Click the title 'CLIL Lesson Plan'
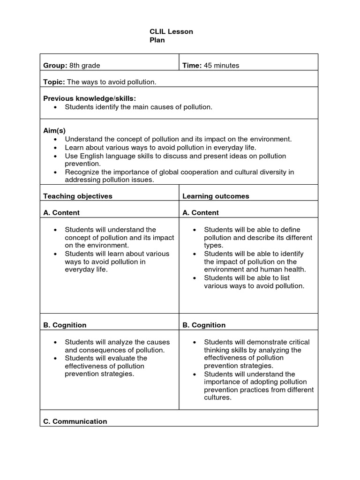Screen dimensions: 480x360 point(171,36)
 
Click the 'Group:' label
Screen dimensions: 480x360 point(55,65)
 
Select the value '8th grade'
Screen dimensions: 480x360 point(85,65)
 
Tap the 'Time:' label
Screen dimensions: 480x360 point(192,65)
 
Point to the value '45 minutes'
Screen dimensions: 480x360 point(221,65)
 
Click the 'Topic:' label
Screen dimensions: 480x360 point(54,82)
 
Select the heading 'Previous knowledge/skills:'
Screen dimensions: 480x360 point(90,98)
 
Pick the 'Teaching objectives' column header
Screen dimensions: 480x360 point(78,196)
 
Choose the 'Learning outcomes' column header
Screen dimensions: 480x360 point(216,196)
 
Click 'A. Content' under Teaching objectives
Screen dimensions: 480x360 point(61,212)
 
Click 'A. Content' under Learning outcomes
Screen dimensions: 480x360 point(201,212)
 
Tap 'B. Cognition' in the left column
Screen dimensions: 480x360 point(65,325)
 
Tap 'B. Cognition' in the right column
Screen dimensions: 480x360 point(204,325)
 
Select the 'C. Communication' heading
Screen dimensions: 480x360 point(75,421)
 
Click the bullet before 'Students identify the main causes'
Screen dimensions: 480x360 point(55,107)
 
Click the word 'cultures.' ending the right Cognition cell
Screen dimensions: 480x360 point(218,397)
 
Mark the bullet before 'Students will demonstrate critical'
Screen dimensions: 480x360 point(195,342)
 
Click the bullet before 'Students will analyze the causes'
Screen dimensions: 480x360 point(55,342)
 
